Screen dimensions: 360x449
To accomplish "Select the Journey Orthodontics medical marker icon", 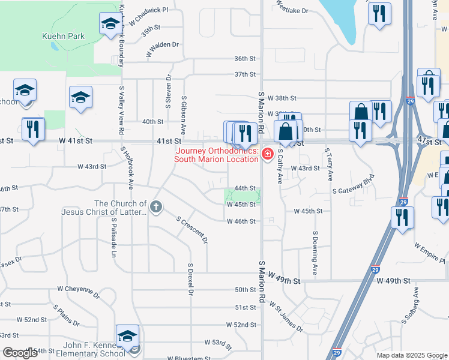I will [267, 155].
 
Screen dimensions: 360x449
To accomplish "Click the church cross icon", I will [155, 208].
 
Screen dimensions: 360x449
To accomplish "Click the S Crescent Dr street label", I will [192, 229].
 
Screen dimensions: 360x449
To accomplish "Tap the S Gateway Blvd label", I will [357, 190].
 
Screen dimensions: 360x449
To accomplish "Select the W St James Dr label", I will [286, 317].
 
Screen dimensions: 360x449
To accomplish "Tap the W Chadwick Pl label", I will [148, 14].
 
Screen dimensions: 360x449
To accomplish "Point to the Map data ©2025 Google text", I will [411, 355].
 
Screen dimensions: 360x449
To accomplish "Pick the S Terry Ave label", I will [329, 165].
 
